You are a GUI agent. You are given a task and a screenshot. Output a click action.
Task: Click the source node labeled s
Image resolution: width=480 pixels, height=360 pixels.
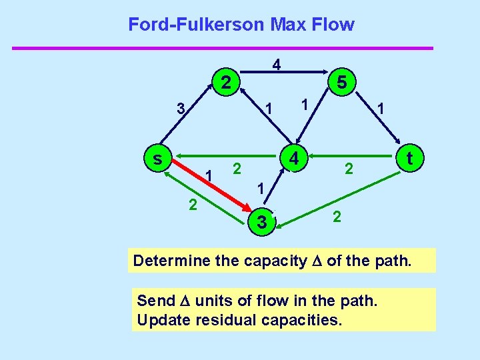[157, 159]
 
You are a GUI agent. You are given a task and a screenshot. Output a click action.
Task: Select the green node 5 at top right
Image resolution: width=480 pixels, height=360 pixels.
[341, 83]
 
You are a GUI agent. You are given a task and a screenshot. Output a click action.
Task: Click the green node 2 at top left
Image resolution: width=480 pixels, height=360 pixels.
[226, 83]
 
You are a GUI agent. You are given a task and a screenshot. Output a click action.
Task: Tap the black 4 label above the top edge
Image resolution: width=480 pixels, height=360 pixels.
[276, 65]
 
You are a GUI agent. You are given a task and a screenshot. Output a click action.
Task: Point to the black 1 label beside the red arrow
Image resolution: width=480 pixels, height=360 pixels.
[209, 175]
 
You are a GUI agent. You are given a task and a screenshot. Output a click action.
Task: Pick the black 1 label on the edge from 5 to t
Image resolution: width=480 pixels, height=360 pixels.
[379, 107]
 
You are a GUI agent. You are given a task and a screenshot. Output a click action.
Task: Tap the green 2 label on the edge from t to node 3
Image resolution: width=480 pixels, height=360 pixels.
[337, 217]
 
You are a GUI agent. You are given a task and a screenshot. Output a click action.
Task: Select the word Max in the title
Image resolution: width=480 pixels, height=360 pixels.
[288, 25]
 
